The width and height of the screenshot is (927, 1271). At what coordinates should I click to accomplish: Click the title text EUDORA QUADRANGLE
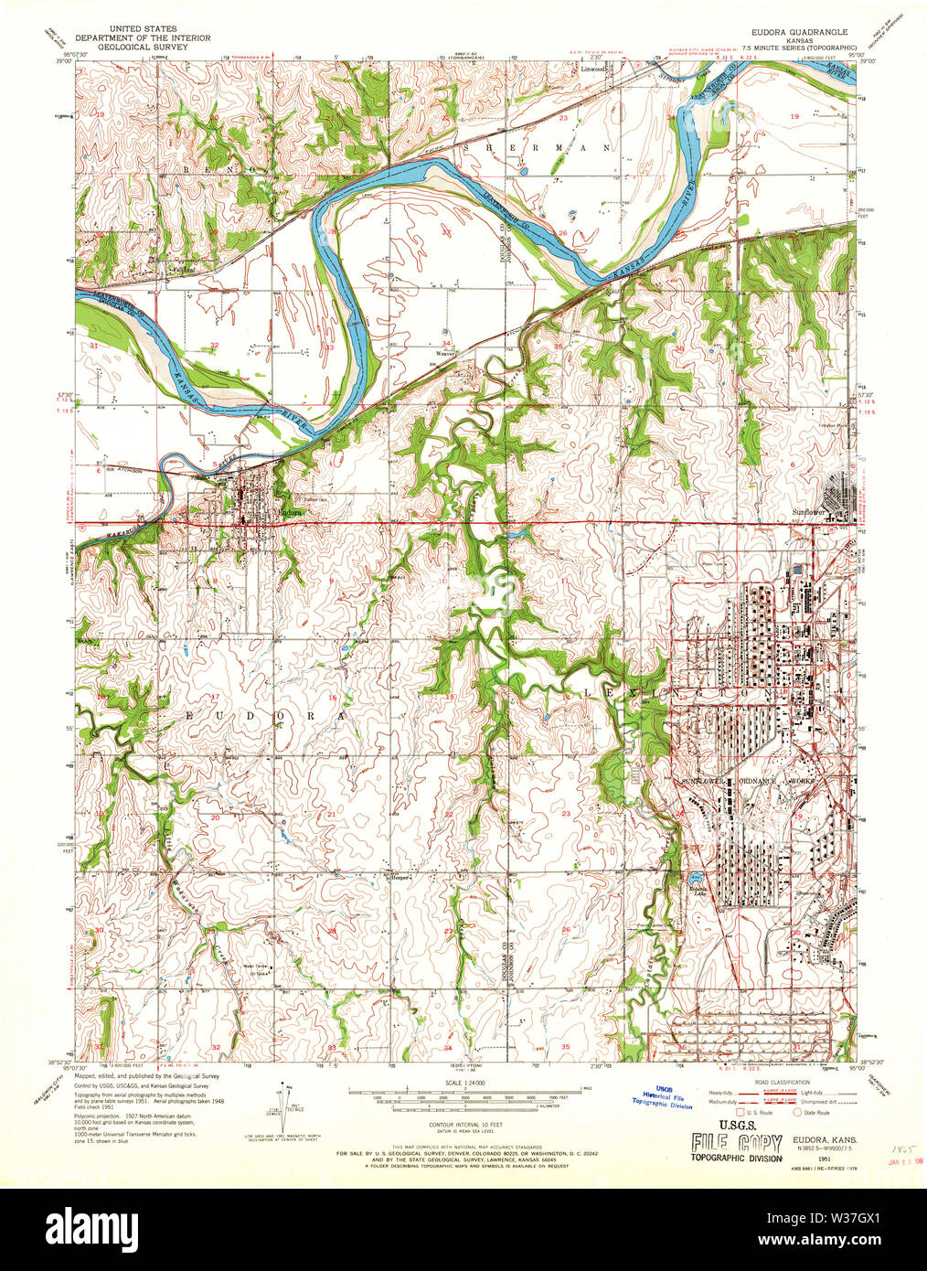(x=803, y=30)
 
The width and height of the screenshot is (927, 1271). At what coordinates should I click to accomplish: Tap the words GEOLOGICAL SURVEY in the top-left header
(x=143, y=47)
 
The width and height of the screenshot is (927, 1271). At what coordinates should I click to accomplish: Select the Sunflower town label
(x=809, y=514)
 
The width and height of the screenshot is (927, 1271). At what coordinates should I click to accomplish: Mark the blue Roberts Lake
(x=696, y=883)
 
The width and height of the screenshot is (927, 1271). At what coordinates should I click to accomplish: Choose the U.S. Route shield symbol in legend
(x=741, y=1113)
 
